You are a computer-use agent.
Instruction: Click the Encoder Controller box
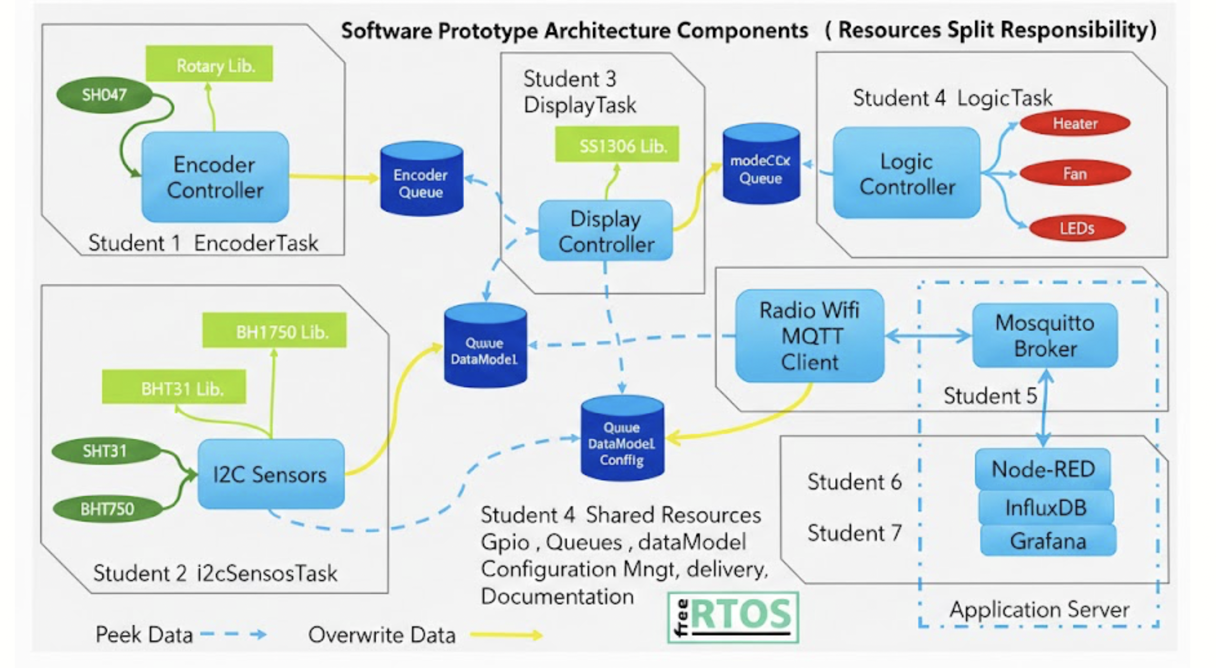tap(215, 177)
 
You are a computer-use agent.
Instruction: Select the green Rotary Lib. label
tap(209, 64)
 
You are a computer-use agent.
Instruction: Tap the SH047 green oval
tap(105, 95)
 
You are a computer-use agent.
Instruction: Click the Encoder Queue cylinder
tap(421, 180)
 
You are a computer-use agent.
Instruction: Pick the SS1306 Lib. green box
tap(617, 145)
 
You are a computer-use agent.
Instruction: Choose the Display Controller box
tap(605, 231)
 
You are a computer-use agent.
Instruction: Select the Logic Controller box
tap(907, 173)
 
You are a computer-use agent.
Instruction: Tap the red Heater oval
tap(1075, 124)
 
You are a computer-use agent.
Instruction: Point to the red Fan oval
tap(1075, 173)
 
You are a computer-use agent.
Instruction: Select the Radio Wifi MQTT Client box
tap(810, 336)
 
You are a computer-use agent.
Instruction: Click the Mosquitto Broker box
tap(1045, 336)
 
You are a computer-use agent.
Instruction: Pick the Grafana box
tap(1048, 541)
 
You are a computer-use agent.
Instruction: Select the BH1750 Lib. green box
tap(274, 331)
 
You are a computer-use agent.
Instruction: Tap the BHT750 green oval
tap(107, 509)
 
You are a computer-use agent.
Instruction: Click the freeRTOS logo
tap(733, 617)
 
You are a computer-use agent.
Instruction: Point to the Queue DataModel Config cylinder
tap(622, 439)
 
